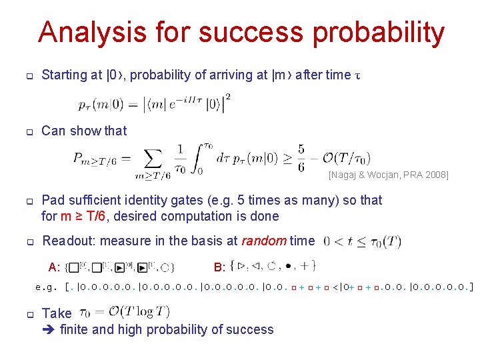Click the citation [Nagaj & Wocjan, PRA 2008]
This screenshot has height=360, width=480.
[388, 175]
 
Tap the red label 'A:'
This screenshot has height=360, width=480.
[55, 267]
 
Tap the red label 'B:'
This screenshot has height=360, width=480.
[219, 267]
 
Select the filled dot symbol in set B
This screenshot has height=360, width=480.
[288, 266]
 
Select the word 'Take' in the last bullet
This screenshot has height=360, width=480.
[57, 313]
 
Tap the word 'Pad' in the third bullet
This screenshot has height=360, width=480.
[53, 200]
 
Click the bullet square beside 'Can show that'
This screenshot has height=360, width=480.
[29, 131]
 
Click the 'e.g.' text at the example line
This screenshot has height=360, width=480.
[46, 287]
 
